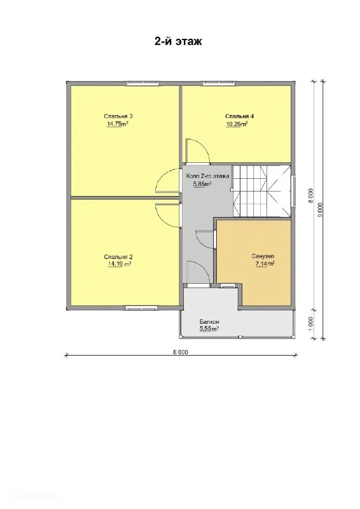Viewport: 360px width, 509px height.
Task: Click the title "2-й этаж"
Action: [x=178, y=41]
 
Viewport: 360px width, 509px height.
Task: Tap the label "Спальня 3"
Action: [x=118, y=116]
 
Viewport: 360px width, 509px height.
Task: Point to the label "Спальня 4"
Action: [x=240, y=116]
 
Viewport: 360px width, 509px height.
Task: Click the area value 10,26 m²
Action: [x=237, y=124]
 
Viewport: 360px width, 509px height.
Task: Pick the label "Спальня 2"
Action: [x=118, y=257]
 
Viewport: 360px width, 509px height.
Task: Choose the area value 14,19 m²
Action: [x=119, y=264]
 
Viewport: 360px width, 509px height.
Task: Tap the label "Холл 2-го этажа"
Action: [x=207, y=176]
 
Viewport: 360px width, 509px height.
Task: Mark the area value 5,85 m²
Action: [x=202, y=185]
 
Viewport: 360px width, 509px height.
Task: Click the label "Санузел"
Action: [x=263, y=256]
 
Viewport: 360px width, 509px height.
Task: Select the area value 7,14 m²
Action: [x=265, y=264]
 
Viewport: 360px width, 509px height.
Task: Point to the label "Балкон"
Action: [x=209, y=322]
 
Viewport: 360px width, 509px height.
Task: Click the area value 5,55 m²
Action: [x=209, y=329]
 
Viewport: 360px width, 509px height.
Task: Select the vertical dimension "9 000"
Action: [x=321, y=210]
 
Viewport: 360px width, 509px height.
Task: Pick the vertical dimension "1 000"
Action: [x=310, y=323]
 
